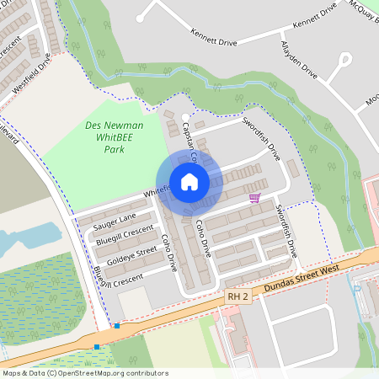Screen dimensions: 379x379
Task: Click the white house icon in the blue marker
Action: [189, 181]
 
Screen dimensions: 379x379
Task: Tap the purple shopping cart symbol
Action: [254, 198]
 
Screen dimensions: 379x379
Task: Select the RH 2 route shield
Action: [238, 297]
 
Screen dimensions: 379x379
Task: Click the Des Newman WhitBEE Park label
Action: [115, 136]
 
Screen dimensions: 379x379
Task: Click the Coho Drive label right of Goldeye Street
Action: [168, 252]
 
